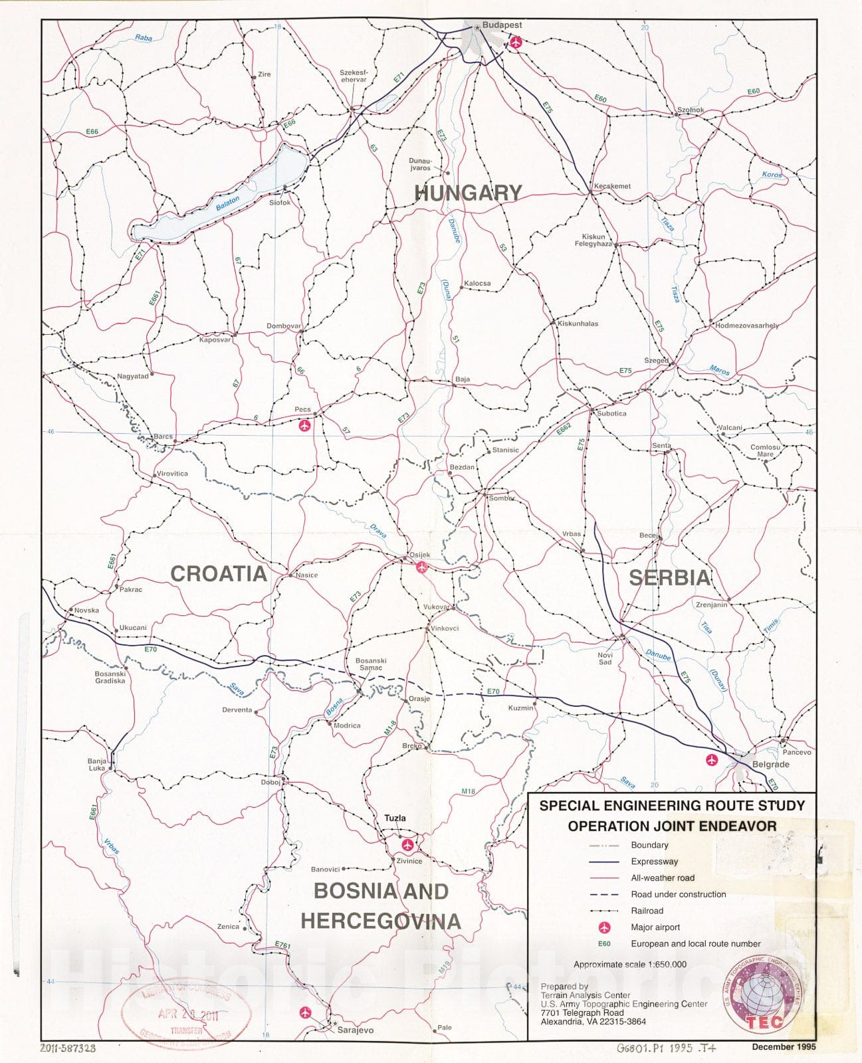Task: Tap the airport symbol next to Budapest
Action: [x=515, y=42]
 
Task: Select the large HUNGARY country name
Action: [x=468, y=193]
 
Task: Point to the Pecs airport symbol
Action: [x=304, y=425]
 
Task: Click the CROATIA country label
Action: [x=219, y=574]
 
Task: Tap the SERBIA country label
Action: [x=670, y=577]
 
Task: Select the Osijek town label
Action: [x=419, y=555]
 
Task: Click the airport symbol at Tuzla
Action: [x=406, y=845]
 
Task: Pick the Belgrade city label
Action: [x=770, y=764]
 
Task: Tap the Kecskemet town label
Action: [x=612, y=186]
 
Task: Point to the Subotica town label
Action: [x=611, y=413]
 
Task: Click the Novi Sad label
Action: [x=605, y=658]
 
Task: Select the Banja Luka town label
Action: [x=96, y=765]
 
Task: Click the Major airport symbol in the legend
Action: [x=604, y=927]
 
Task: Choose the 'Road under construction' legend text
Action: [x=678, y=894]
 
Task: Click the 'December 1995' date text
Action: [x=784, y=1046]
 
